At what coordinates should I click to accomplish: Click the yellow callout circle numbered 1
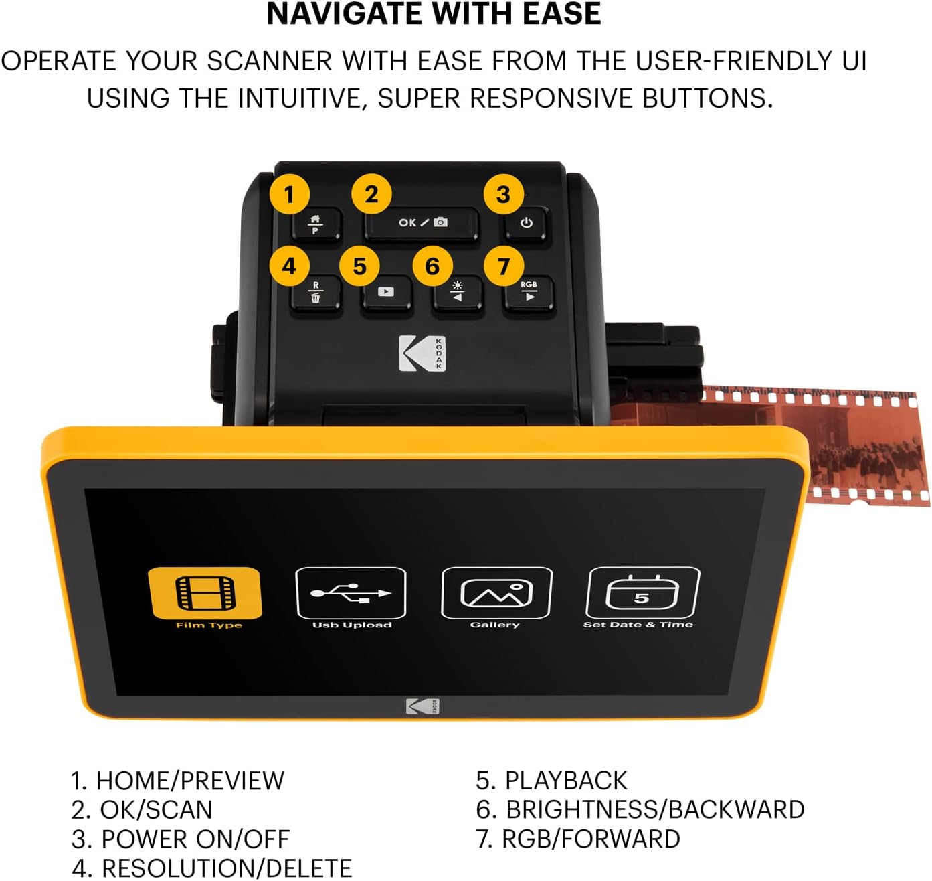(289, 195)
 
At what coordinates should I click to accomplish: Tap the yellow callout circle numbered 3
(503, 195)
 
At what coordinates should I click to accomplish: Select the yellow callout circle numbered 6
(432, 266)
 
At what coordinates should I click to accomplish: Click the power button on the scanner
(527, 223)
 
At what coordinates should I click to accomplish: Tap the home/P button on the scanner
(316, 224)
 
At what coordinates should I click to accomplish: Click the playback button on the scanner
(386, 292)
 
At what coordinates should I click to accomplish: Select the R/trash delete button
(316, 293)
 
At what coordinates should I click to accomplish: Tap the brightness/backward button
(458, 293)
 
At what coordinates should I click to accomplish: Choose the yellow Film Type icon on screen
(205, 593)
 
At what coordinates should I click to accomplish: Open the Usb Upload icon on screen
(351, 593)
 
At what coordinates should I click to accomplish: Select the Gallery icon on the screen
(496, 593)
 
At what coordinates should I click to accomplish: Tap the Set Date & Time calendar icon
(642, 593)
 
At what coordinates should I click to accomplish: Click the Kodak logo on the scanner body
(422, 353)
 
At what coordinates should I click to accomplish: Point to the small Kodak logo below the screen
(422, 706)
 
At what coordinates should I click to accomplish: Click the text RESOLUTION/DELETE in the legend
(226, 868)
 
